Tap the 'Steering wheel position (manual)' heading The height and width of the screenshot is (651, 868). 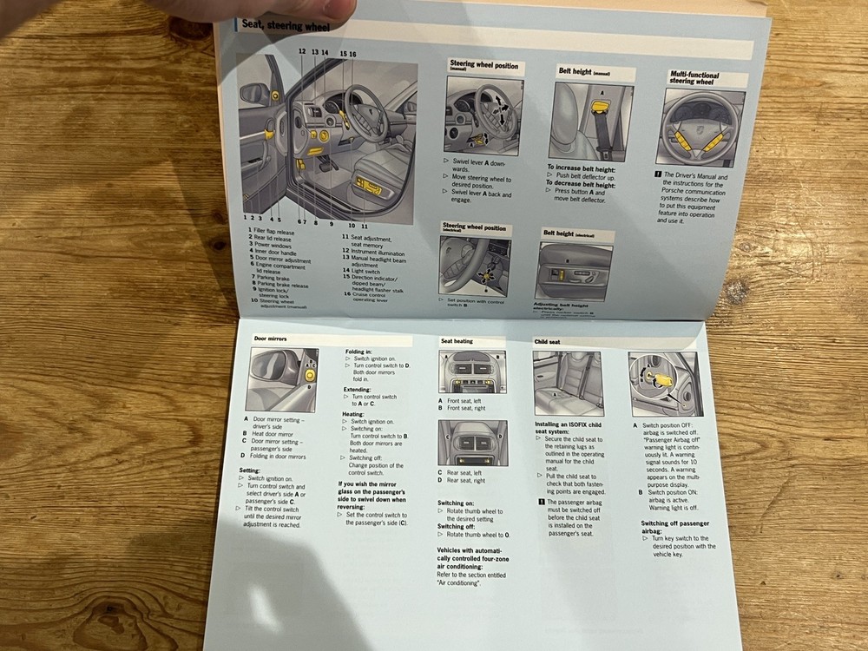pos(484,66)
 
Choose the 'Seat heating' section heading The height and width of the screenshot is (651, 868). pos(457,341)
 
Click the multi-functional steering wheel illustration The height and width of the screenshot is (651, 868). pos(704,128)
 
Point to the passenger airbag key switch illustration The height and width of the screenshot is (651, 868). pos(663,384)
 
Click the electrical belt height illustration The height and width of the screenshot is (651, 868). pos(576,271)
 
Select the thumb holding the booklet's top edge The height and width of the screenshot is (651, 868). pos(320,9)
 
